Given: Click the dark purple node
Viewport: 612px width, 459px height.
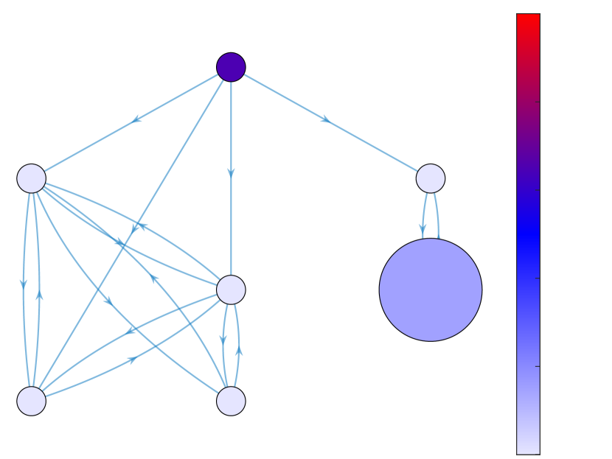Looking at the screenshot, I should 231,67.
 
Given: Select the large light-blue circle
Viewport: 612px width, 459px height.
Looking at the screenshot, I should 431,290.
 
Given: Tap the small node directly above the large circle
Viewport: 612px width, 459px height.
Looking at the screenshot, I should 431,178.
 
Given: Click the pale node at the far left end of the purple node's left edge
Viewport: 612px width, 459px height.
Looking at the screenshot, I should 32,178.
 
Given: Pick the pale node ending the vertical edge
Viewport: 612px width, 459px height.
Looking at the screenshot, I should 231,290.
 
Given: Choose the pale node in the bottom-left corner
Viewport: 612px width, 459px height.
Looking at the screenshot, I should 32,401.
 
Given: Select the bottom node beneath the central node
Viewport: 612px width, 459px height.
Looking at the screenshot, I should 231,401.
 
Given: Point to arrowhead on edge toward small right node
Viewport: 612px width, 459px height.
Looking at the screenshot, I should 326,119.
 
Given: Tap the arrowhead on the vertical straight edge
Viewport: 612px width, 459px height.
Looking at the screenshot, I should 231,173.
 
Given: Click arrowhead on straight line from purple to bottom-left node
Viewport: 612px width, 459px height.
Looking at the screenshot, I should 135,230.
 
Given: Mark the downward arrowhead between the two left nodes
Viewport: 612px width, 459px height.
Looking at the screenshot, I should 24,284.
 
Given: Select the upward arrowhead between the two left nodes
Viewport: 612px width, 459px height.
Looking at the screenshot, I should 39,294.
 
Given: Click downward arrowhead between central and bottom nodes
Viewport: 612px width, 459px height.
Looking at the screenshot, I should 223,340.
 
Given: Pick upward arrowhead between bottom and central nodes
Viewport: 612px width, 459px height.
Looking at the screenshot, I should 239,350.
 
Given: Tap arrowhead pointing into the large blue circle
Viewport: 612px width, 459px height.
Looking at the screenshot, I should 423,231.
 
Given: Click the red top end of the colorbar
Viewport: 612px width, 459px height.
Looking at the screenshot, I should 528,18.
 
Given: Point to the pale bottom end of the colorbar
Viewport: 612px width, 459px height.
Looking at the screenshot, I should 528,449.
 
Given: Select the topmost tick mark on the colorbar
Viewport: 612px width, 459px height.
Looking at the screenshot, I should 538,102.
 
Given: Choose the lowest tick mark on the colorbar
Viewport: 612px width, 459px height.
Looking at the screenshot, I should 538,365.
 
